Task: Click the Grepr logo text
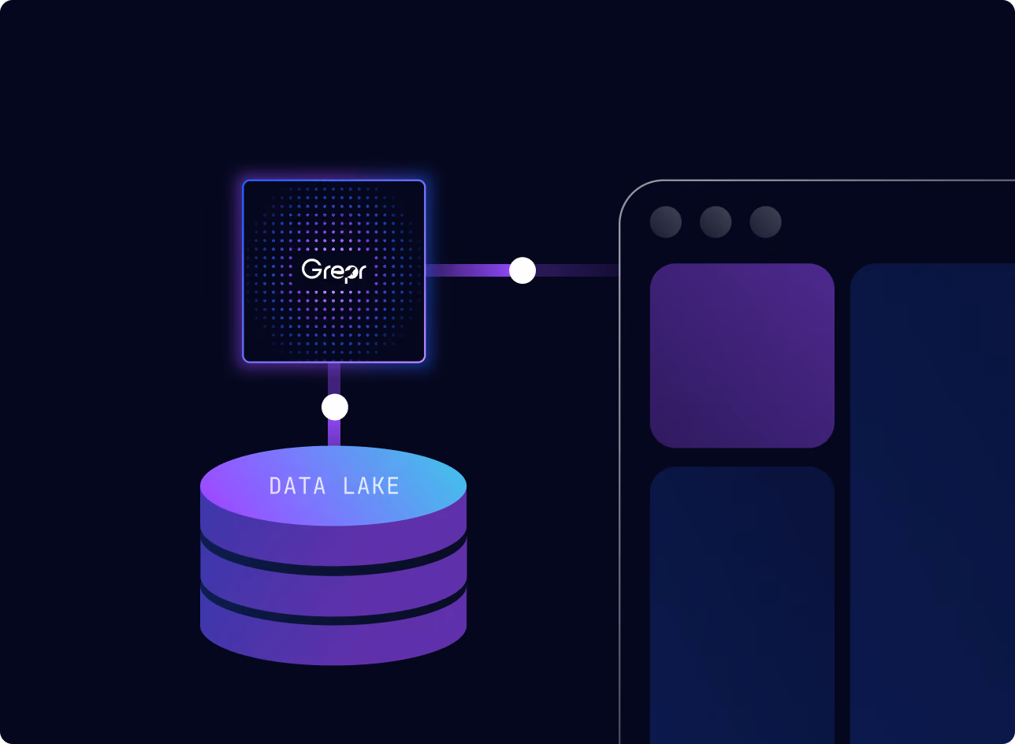(x=333, y=270)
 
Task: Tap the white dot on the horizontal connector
(x=522, y=270)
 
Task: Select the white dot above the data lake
(x=335, y=407)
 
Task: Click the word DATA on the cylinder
(x=297, y=485)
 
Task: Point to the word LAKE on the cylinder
(x=371, y=485)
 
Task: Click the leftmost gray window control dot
(x=666, y=222)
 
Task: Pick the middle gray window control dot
(x=716, y=222)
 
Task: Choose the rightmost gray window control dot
(x=765, y=222)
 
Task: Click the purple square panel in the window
(x=742, y=355)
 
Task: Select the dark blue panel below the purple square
(x=742, y=605)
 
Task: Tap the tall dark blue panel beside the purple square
(x=932, y=504)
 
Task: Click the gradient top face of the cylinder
(x=333, y=485)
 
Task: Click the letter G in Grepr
(x=311, y=269)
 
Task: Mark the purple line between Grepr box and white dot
(x=467, y=270)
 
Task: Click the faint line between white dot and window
(x=578, y=270)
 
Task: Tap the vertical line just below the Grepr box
(x=334, y=379)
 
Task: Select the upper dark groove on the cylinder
(x=333, y=564)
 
